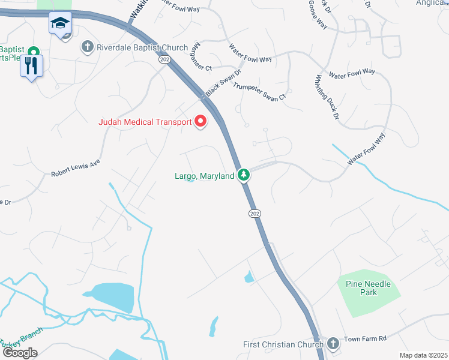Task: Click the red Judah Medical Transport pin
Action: click(200, 121)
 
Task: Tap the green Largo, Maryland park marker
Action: click(243, 175)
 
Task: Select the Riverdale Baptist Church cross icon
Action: click(88, 46)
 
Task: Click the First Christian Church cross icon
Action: click(333, 344)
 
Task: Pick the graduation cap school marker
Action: click(60, 23)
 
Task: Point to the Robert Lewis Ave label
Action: click(75, 167)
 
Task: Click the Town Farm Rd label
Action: click(366, 340)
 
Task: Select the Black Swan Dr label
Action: click(223, 82)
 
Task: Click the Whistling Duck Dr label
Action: click(327, 96)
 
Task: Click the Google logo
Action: click(20, 353)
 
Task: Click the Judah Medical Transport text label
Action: click(145, 122)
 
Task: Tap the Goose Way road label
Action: click(318, 15)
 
